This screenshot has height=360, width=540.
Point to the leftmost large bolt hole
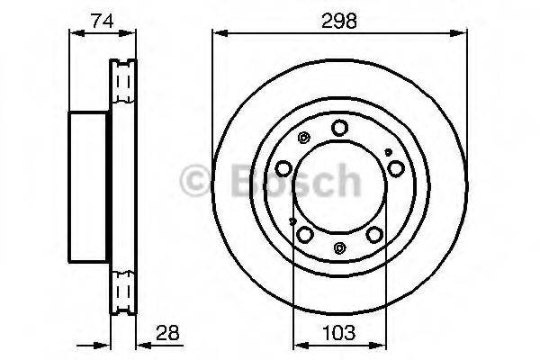click(x=283, y=167)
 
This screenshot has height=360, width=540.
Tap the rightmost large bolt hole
click(x=395, y=167)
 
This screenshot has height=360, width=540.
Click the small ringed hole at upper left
click(x=303, y=138)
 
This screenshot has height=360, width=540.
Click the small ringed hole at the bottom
click(x=338, y=247)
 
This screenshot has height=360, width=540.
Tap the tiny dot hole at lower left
click(x=292, y=220)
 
